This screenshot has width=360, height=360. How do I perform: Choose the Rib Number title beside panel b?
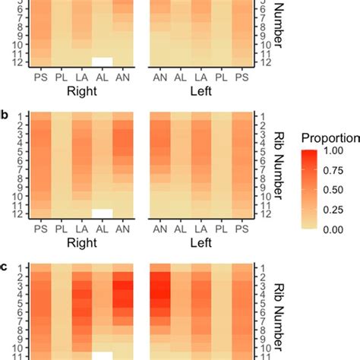pyautogui.click(x=279, y=164)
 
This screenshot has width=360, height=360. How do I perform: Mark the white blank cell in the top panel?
pyautogui.click(x=102, y=61)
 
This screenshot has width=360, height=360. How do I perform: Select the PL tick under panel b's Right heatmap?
pyautogui.click(x=60, y=228)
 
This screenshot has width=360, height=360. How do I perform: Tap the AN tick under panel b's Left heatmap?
pyautogui.click(x=159, y=228)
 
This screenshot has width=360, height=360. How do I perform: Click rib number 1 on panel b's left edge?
pyautogui.click(x=24, y=115)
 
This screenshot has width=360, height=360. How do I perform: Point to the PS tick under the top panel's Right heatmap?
pyautogui.click(x=39, y=75)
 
